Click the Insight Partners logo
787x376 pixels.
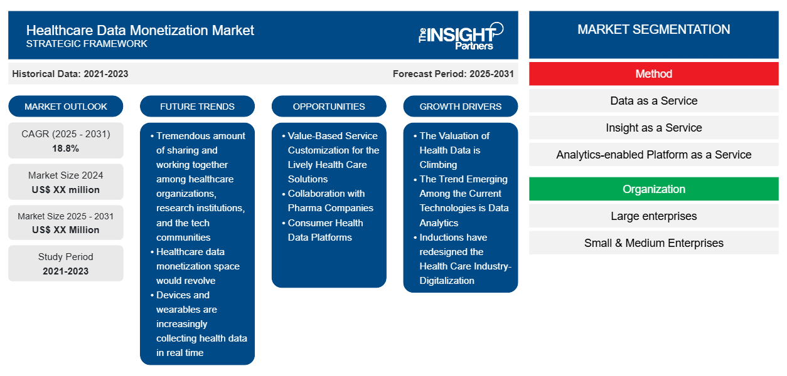coord(461,35)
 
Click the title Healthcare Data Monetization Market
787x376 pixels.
coord(140,29)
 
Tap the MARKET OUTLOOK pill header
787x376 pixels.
coord(66,107)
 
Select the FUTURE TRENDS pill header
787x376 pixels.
coord(197,107)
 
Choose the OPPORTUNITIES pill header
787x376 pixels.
coord(329,107)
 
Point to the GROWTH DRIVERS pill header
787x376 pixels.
coord(461,107)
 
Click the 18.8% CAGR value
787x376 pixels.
coord(66,149)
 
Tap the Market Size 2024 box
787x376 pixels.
coord(66,182)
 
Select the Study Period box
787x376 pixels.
coord(66,264)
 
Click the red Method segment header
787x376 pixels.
coord(653,74)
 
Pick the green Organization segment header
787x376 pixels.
coord(653,189)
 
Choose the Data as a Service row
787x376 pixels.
coord(653,101)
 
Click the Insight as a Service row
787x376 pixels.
coord(653,128)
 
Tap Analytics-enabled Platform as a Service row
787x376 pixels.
coord(653,155)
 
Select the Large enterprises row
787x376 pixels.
coord(653,216)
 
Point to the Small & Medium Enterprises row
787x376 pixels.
coord(653,243)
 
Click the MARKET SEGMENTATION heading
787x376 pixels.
coord(653,29)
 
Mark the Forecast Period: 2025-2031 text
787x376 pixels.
coord(453,74)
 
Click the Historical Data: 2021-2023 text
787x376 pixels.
coord(70,74)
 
